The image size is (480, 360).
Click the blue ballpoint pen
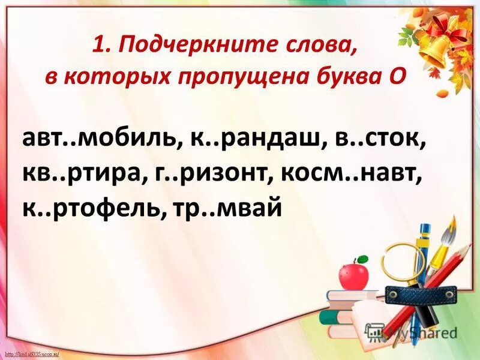point(424,252)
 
